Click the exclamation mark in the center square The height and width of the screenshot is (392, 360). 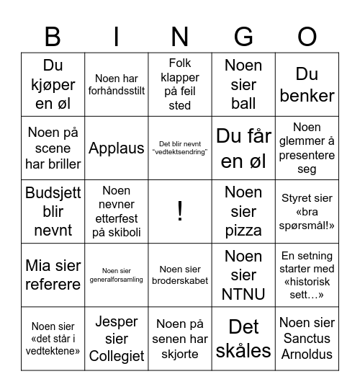click(180, 211)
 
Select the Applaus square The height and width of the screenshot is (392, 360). click(117, 148)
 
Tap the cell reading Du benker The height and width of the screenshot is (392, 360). click(307, 85)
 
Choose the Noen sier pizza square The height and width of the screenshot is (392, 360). click(243, 211)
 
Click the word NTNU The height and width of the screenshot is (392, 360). click(243, 294)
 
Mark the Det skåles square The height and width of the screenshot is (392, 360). click(243, 338)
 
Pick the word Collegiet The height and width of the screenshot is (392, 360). click(117, 356)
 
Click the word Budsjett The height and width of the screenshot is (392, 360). click(53, 193)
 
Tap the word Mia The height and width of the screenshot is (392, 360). click(37, 266)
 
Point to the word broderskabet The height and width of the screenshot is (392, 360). click(180, 281)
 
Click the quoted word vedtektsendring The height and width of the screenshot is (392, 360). click(180, 152)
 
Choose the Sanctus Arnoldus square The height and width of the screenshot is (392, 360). click(307, 338)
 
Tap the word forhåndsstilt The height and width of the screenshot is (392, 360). click(117, 91)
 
